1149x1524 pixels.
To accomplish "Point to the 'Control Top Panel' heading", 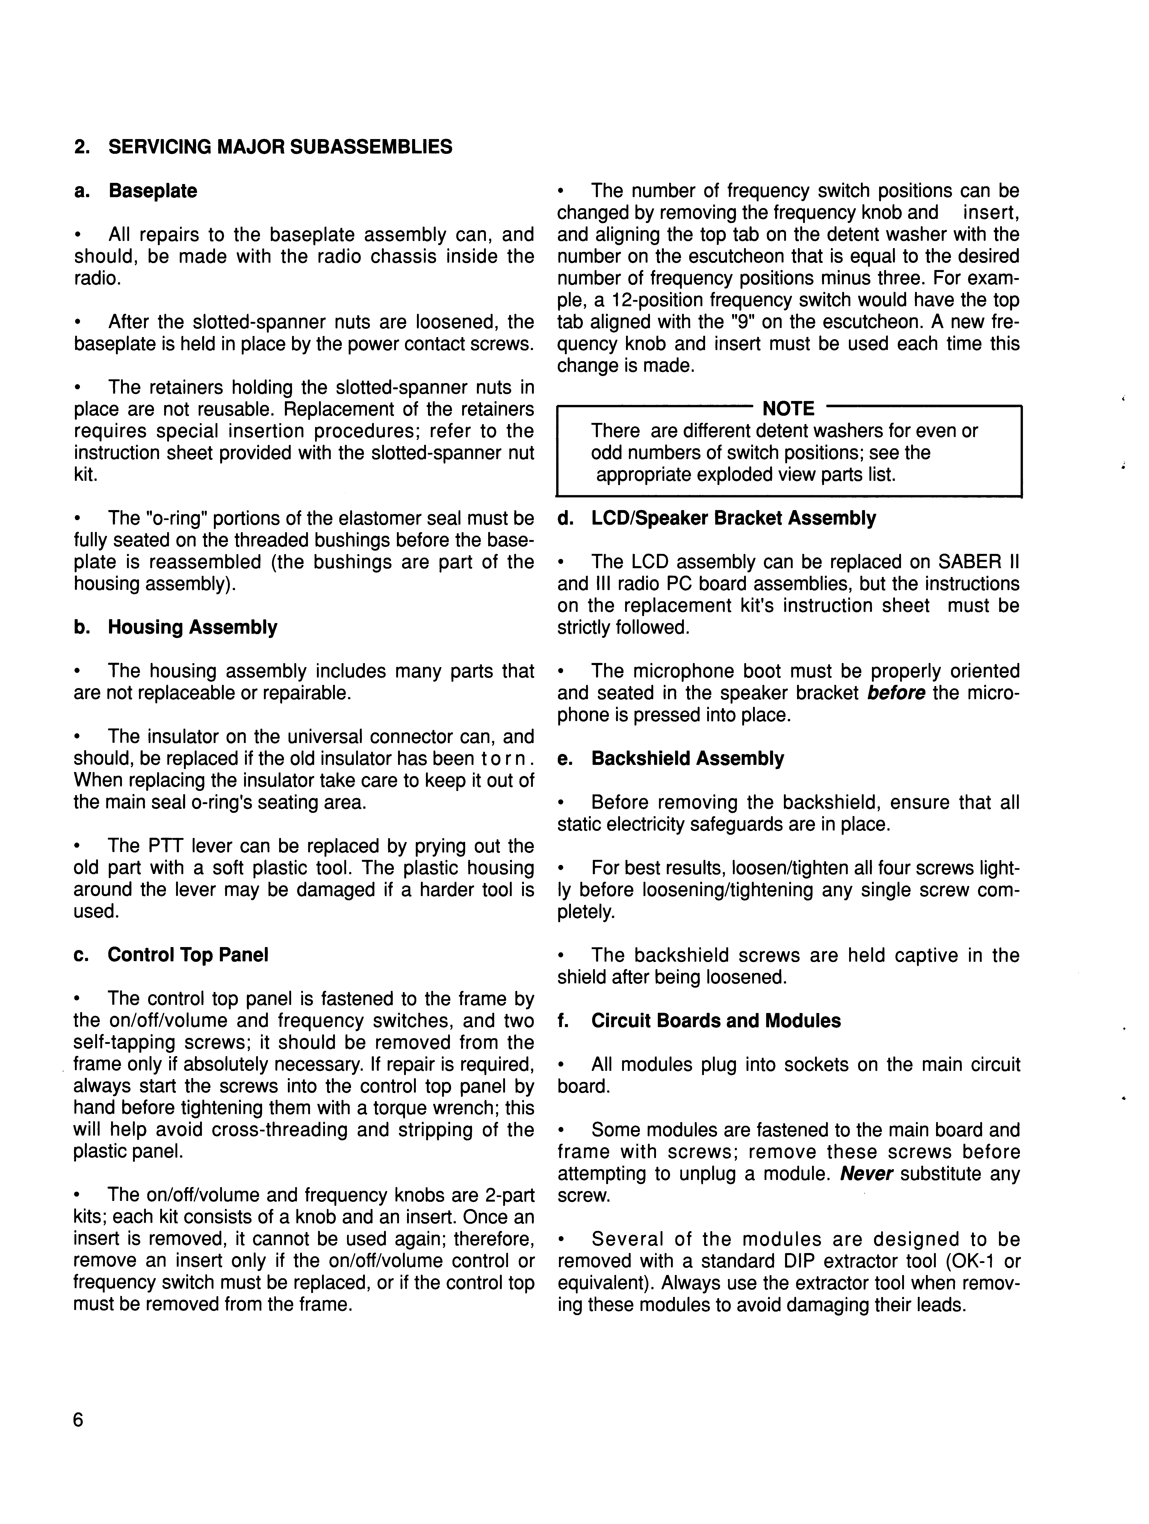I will pos(187,955).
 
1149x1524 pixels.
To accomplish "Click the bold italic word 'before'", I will pos(895,693).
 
